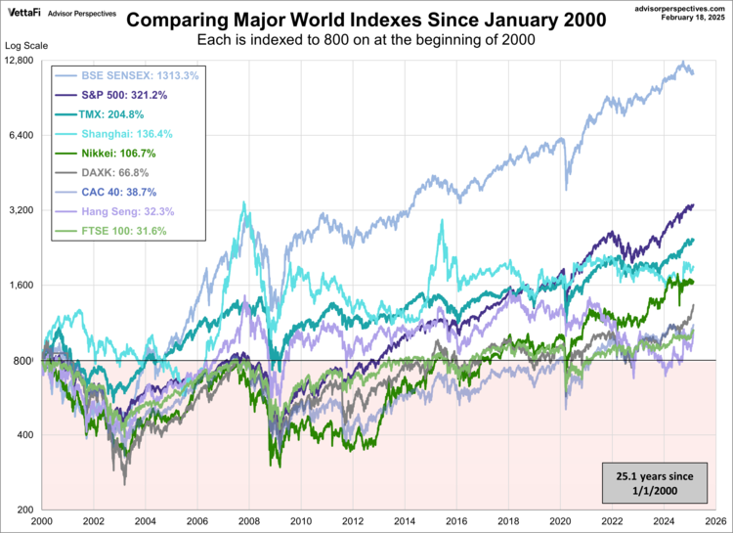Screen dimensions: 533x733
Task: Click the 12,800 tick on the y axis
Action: click(20, 61)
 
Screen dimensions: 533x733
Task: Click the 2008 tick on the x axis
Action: click(249, 521)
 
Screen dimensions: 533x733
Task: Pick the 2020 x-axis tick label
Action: click(557, 521)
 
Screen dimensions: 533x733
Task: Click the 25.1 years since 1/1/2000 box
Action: click(655, 483)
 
